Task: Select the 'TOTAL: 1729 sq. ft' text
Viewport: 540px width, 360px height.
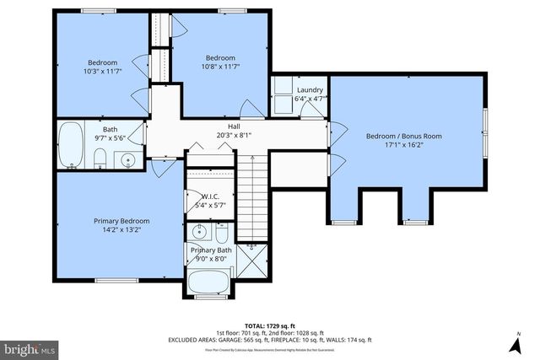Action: [x=269, y=324]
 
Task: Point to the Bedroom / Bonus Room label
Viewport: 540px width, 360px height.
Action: [x=403, y=136]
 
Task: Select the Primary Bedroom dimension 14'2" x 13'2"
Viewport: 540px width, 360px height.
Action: [x=116, y=229]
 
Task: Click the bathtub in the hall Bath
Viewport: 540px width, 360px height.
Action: [x=70, y=145]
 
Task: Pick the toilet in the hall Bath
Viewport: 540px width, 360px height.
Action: [x=99, y=157]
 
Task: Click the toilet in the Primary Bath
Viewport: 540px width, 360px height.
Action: [x=221, y=231]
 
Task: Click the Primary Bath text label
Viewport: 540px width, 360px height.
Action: [x=210, y=250]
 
